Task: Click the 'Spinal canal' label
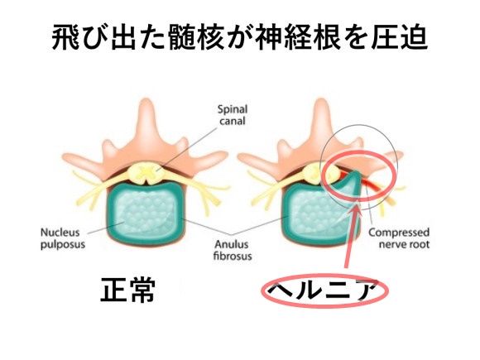coord(233,115)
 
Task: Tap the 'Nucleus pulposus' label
coord(63,238)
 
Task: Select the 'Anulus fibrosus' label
coord(233,250)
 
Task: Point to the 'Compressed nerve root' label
coord(399,238)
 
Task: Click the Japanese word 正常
coord(128,290)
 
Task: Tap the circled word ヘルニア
coord(324,290)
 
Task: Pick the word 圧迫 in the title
coord(399,37)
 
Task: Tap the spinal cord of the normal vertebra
coord(147,173)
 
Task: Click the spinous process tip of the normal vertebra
coord(147,101)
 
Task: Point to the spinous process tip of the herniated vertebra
coord(321,101)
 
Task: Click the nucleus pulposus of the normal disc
coord(146,214)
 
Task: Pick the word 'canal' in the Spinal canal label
coord(233,121)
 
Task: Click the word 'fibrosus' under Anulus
coord(233,256)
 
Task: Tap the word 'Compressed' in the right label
coord(399,233)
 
